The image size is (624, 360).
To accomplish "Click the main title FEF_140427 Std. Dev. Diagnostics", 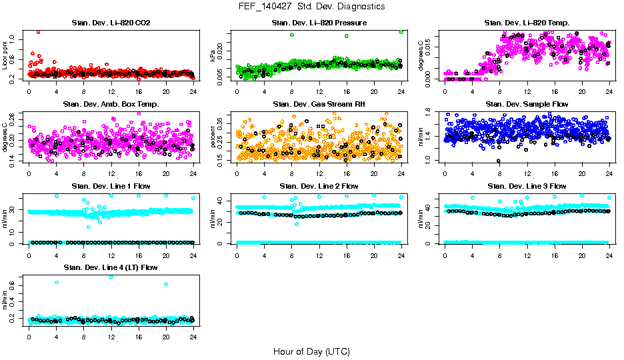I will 311,7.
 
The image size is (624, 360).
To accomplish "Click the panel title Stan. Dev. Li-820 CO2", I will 111,23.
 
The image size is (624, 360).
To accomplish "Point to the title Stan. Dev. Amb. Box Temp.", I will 111,104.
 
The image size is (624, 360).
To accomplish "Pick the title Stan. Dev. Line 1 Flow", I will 111,186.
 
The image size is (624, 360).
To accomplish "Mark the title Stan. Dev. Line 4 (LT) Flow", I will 111,267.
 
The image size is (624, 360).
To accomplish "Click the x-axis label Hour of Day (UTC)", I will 311,351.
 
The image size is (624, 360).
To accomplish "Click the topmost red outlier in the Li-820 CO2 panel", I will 38,31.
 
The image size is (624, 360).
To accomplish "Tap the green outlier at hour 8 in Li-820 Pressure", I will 292,35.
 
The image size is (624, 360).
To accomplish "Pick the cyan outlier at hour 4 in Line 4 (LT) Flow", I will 57,282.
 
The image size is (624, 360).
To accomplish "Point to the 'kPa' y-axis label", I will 213,56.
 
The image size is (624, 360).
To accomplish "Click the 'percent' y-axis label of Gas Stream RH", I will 213,137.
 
